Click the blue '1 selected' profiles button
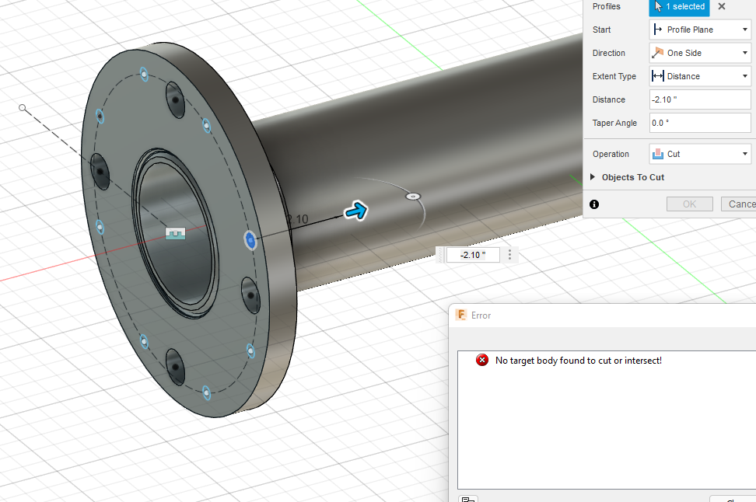(679, 7)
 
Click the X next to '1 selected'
(722, 7)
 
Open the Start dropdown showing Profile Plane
(700, 30)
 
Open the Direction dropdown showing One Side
(700, 53)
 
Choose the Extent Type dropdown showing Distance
(700, 76)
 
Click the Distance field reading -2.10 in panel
(700, 99)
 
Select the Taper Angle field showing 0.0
(700, 123)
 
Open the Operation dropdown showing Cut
(700, 154)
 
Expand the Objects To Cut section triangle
(593, 177)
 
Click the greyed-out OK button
(689, 204)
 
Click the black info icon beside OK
(594, 204)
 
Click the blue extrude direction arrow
(356, 210)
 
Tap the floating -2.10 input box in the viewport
(473, 255)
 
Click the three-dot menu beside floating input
(510, 255)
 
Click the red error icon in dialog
(482, 360)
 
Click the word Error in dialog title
(481, 315)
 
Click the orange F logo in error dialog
(461, 315)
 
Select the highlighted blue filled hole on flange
(250, 240)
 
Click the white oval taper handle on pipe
(413, 197)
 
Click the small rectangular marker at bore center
(177, 233)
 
